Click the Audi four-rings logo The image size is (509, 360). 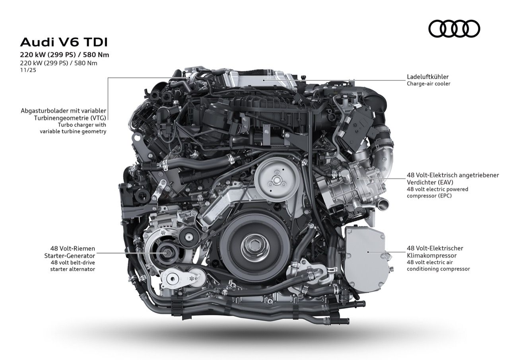[454, 29]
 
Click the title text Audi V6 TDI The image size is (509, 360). [64, 42]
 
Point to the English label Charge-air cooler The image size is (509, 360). [428, 84]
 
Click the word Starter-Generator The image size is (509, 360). [70, 255]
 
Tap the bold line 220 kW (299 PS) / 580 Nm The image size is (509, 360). [64, 55]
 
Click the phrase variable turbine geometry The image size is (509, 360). [73, 131]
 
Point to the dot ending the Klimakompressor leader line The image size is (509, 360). [369, 252]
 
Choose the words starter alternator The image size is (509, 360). [72, 269]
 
